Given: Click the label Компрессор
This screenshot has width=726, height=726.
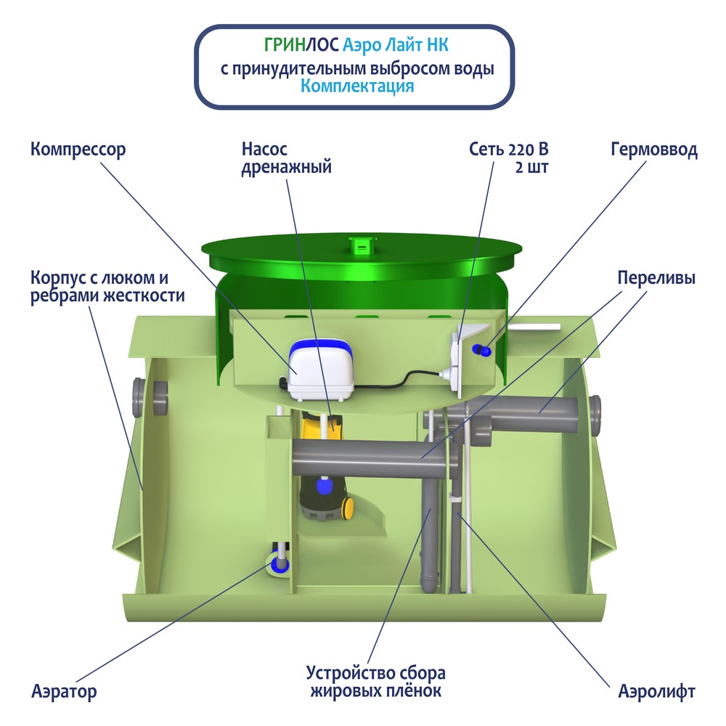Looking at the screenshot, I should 78,150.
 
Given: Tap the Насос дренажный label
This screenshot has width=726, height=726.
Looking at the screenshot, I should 286,158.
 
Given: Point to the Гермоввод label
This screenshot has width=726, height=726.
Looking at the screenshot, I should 653,150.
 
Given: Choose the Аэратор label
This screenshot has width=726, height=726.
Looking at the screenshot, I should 64,691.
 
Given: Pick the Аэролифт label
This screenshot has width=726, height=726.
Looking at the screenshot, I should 656,691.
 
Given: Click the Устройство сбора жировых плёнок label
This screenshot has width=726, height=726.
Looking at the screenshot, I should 375,681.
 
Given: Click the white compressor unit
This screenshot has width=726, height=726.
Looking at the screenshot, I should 321,370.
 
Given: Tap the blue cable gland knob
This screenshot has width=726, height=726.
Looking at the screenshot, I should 480,350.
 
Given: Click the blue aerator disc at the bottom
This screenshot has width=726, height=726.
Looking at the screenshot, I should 279,563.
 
